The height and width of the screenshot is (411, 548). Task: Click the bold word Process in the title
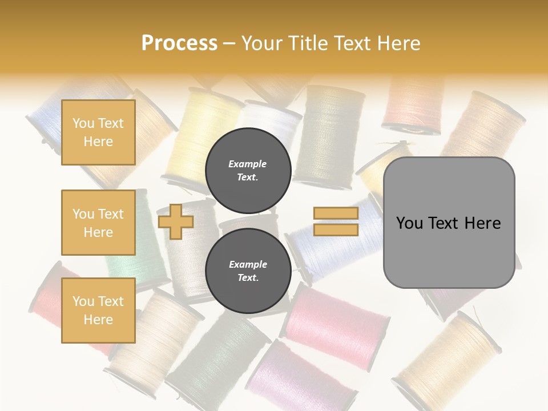[x=179, y=43]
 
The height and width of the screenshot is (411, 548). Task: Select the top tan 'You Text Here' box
[x=98, y=132]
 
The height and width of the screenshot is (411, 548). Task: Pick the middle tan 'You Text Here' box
[x=98, y=223]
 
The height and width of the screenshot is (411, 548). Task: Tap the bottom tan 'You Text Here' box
[x=98, y=311]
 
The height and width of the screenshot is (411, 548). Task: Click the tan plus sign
[x=176, y=221]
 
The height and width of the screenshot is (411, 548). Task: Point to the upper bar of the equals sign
[x=336, y=213]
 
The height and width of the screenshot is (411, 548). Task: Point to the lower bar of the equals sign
[x=336, y=229]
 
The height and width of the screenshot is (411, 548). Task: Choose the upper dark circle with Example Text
[x=248, y=171]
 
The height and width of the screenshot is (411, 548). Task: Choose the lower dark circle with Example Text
[x=248, y=271]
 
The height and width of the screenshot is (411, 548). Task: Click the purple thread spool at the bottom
[x=303, y=377]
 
